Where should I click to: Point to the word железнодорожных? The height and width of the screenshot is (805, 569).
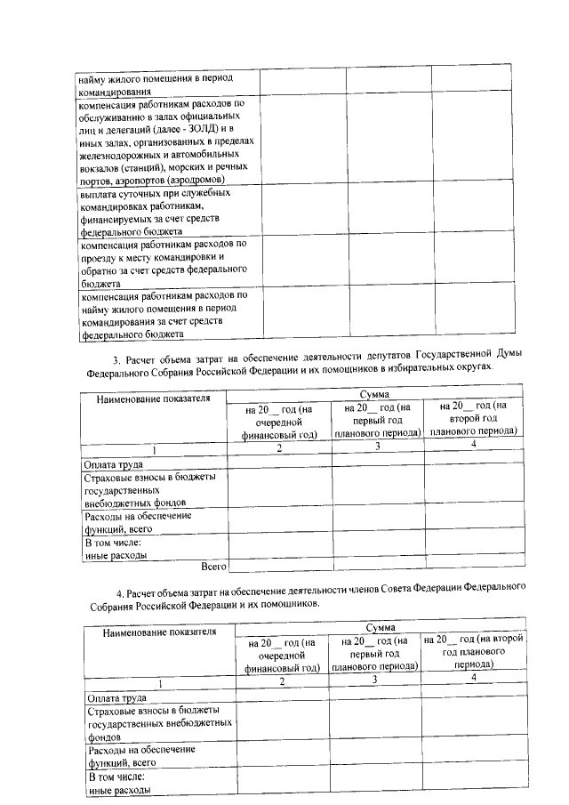click(x=120, y=155)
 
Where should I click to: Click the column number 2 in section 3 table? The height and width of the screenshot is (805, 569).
click(x=279, y=447)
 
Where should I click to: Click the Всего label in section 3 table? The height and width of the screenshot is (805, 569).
click(x=213, y=565)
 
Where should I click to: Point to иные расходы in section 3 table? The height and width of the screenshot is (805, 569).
click(x=116, y=554)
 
